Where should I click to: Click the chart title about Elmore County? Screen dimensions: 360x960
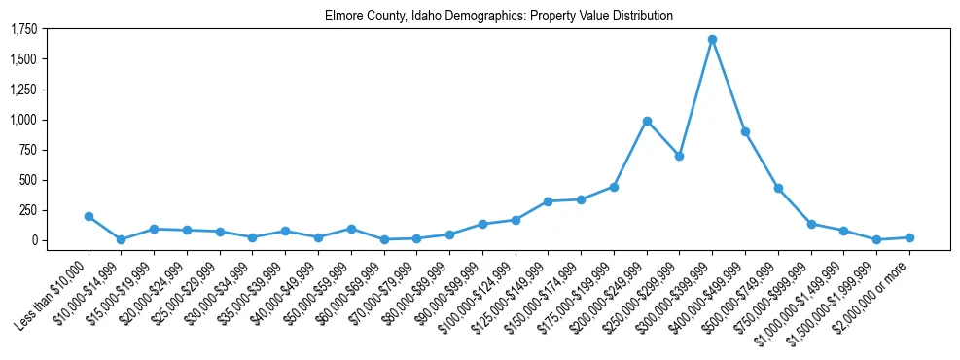tap(499, 17)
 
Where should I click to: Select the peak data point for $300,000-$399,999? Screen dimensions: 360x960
tap(712, 40)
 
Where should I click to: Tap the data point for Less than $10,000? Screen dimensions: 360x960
tap(89, 216)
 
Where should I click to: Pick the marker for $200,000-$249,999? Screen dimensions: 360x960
tap(647, 121)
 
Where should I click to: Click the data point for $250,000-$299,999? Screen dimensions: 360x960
tap(680, 156)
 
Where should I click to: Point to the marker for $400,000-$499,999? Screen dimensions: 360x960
tap(745, 131)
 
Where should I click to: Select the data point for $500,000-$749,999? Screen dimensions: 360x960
tap(778, 188)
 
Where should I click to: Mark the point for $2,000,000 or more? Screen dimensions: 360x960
tap(909, 237)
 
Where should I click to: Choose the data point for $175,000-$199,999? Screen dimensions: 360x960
tap(614, 187)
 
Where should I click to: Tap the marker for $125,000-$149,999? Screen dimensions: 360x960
tap(549, 201)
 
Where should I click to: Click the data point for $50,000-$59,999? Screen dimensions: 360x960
tap(351, 229)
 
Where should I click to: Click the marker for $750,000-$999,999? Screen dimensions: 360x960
tap(811, 224)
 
